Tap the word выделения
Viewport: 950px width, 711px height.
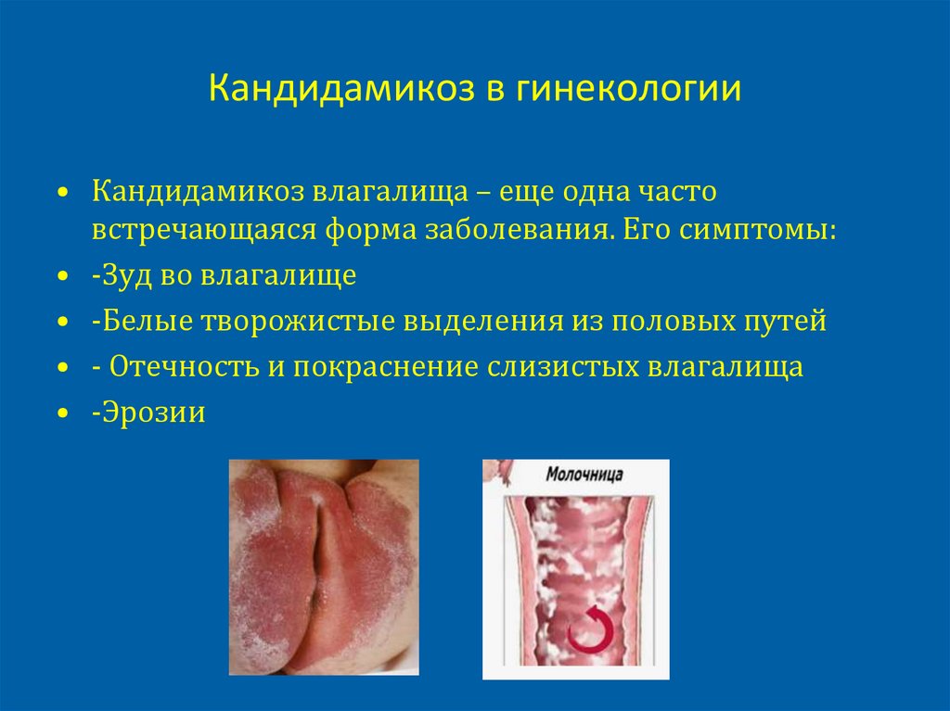coord(479,321)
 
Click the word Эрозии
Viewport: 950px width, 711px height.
coord(152,412)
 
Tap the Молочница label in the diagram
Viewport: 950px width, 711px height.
coord(584,475)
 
